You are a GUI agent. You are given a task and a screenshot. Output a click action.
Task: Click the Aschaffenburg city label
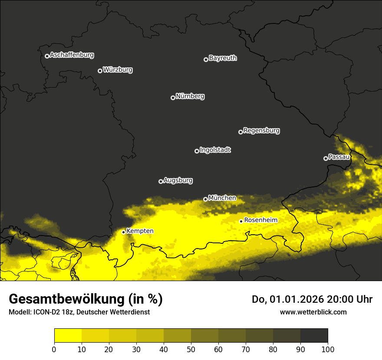[x=72, y=55]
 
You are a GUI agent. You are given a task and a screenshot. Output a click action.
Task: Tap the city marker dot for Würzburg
[x=100, y=71]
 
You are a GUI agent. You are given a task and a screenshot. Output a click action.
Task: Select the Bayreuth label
[x=223, y=58]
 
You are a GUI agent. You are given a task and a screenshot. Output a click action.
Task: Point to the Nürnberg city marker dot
[x=173, y=98]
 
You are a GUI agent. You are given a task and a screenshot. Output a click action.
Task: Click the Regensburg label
[x=261, y=131]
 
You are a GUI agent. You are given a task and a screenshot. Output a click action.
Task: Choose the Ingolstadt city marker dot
[x=197, y=151]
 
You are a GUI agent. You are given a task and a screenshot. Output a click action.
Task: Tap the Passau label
[x=339, y=157]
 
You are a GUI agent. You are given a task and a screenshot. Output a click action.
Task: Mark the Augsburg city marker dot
[x=161, y=181]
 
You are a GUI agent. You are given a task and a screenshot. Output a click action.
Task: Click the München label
[x=222, y=198]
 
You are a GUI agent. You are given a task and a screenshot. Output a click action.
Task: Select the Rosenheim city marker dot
[x=241, y=221]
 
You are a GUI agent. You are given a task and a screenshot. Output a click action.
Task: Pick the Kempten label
[x=140, y=231]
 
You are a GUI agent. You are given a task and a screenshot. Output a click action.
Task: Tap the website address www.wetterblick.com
[x=313, y=312]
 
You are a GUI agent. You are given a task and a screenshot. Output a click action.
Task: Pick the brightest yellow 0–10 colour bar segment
[x=68, y=335]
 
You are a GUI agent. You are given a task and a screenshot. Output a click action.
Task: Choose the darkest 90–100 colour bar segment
[x=314, y=335]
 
